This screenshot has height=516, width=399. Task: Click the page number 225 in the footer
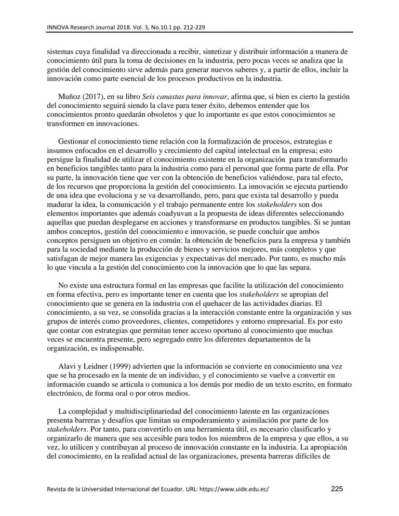coord(337,489)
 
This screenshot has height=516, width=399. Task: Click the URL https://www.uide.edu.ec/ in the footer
coord(234,489)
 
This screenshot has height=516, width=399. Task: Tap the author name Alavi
coord(67,365)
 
